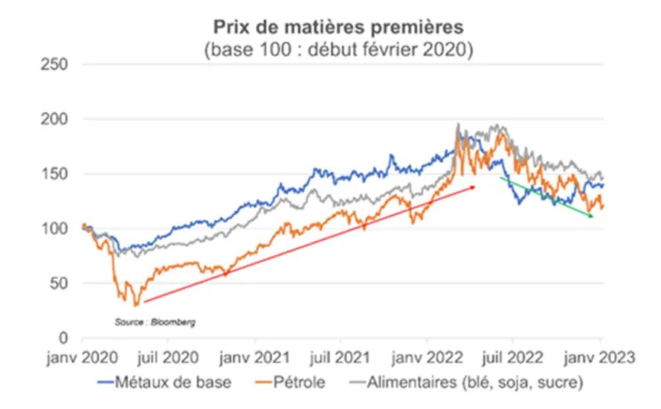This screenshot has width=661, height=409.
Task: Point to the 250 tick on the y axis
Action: coord(54,65)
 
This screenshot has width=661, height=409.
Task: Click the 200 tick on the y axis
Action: coord(54,119)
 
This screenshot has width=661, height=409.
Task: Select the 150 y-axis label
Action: coord(54,174)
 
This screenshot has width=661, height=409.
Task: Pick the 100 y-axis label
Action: coord(54,228)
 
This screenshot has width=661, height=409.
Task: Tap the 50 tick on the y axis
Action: coord(57,283)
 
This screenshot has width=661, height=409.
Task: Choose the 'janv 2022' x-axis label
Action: coord(428,358)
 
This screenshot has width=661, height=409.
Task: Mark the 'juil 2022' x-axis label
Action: coord(513,358)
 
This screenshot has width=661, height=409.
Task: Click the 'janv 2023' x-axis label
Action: coord(602,358)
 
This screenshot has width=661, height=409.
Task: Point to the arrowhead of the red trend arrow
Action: coord(473,187)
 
